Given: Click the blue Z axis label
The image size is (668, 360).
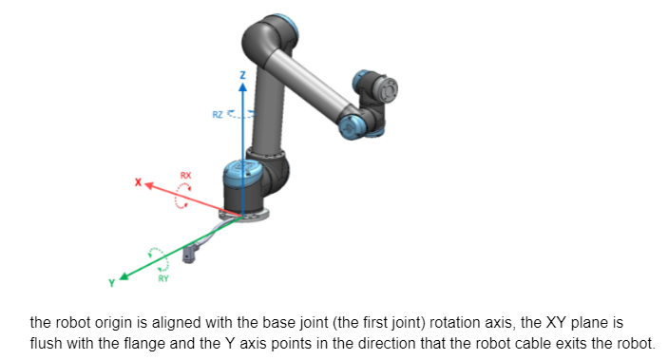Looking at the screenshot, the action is coord(243,75).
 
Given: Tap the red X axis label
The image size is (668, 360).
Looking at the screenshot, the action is coord(138,182).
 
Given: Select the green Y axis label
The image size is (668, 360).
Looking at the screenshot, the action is coord(111,283).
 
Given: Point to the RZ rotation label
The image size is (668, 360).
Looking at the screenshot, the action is coord(218,115).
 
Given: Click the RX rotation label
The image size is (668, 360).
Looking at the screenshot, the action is coord(185,175).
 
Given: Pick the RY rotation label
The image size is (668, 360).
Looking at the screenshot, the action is coord(163,278).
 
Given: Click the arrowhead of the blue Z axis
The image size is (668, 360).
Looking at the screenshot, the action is coord(243,86).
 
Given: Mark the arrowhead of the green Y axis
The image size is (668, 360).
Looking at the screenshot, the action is coord(124,276).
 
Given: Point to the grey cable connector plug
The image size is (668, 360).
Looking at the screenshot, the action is coord(188,255).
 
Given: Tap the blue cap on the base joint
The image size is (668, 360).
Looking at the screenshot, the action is coord(242,169).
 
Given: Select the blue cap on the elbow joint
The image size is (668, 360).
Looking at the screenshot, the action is coord(351,127).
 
